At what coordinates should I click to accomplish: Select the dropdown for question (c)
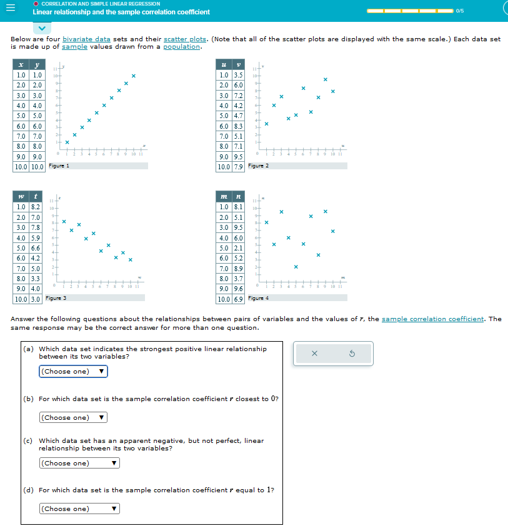[x=79, y=463]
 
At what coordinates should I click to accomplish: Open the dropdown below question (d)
[x=79, y=509]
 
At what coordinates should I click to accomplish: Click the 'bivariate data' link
[x=86, y=39]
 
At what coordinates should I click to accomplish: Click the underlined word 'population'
[x=182, y=47]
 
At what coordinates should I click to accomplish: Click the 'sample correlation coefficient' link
[x=432, y=319]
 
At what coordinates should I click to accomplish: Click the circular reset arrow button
[x=351, y=354]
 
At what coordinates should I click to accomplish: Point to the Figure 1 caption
[x=59, y=166]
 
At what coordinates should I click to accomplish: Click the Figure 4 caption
[x=259, y=298]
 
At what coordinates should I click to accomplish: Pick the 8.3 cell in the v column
[x=238, y=126]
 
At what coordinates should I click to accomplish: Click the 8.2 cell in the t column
[x=36, y=206]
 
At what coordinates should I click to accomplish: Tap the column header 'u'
[x=223, y=65]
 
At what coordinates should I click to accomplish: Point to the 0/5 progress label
[x=460, y=10]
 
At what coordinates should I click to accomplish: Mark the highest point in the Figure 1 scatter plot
[x=133, y=76]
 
